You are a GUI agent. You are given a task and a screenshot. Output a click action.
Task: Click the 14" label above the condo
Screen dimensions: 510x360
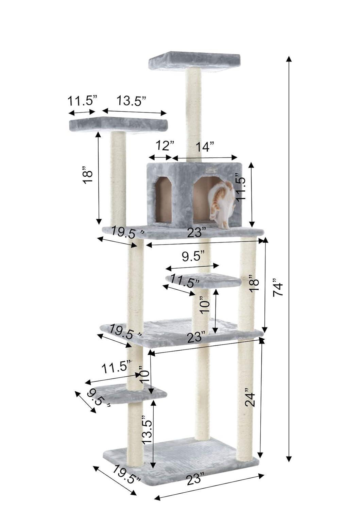coord(204,147)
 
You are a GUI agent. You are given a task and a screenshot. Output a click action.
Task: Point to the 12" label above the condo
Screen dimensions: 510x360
coord(165,146)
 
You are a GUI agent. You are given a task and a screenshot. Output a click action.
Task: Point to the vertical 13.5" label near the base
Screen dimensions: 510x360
coord(147,429)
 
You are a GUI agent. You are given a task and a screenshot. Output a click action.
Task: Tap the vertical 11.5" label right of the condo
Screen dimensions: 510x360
coord(241,188)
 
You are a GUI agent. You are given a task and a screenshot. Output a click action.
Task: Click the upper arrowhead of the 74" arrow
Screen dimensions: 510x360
coord(289,58)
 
